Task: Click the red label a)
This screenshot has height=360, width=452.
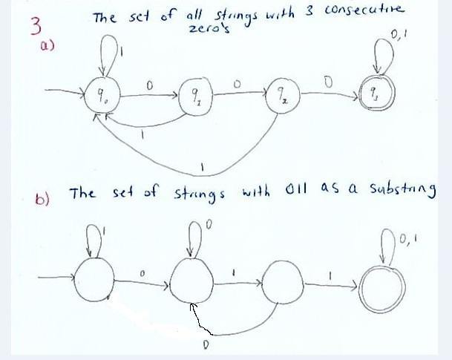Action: click(47, 45)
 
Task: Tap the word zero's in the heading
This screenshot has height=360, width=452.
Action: click(209, 30)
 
